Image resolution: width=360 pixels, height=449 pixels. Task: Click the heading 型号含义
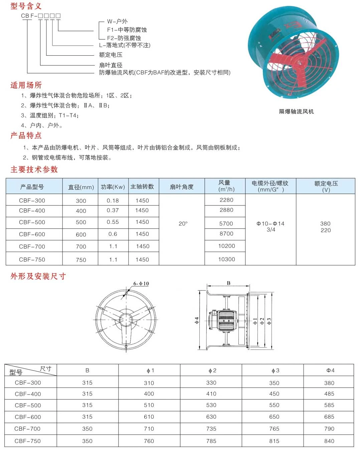(x=26, y=6)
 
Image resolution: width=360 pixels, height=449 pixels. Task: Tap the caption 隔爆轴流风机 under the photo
(x=296, y=111)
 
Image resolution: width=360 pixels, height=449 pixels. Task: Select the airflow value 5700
(x=226, y=223)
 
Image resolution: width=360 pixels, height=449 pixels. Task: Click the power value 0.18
(x=113, y=200)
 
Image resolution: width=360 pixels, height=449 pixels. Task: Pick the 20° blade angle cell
(x=183, y=223)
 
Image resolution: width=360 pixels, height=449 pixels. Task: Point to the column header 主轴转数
(x=142, y=186)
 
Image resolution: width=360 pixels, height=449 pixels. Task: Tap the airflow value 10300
(x=226, y=259)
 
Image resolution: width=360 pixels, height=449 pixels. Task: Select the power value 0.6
(x=113, y=234)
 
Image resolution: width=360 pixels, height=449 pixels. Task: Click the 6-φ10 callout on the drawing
(x=141, y=284)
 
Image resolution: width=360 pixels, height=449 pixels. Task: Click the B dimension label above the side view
(x=228, y=283)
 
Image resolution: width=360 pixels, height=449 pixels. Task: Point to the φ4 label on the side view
(x=197, y=320)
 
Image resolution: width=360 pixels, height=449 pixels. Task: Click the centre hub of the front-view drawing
(x=126, y=319)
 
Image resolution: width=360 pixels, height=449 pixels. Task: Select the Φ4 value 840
(x=329, y=441)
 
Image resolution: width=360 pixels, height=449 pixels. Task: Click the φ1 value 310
(x=149, y=383)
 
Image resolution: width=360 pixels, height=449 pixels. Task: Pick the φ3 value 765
(x=274, y=429)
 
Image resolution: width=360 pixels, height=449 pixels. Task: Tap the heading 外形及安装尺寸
(x=38, y=276)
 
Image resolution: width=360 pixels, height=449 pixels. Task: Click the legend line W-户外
(x=117, y=21)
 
